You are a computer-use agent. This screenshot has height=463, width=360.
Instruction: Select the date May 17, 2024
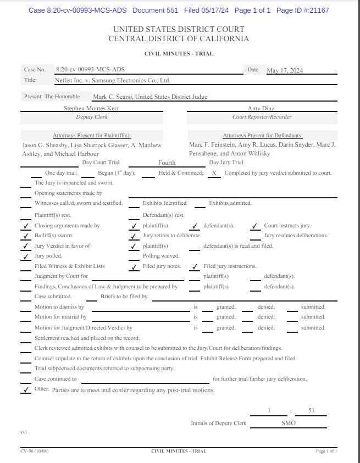[x=285, y=70]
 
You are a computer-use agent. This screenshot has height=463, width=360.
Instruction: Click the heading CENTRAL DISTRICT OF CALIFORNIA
[x=179, y=39]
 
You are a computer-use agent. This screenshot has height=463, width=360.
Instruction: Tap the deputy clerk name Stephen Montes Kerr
[x=92, y=109]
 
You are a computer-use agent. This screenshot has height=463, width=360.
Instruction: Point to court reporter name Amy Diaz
[x=262, y=109]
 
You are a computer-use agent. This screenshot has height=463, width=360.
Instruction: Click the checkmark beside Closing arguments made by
[x=25, y=226]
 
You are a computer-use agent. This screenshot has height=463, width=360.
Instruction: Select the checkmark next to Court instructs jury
[x=254, y=226]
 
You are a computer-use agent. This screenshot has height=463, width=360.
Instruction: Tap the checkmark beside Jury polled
[x=25, y=256]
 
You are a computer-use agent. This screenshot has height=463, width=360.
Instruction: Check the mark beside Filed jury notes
[x=134, y=266]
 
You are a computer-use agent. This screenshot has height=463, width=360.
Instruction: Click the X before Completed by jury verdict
[x=214, y=173]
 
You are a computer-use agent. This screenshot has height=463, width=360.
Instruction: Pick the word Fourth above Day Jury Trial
[x=167, y=163]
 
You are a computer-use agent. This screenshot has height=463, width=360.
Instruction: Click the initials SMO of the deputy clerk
[x=289, y=423]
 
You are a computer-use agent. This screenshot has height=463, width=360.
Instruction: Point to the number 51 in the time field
[x=311, y=411]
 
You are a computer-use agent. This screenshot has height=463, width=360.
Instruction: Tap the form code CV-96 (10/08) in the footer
[x=35, y=451]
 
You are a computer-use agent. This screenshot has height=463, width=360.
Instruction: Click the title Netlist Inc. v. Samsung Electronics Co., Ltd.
[x=113, y=80]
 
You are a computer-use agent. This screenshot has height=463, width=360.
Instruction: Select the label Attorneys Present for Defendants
[x=262, y=136]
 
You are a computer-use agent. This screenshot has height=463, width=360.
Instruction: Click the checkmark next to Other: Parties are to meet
[x=25, y=390]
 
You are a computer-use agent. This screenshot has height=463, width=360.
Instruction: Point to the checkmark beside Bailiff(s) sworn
[x=25, y=236]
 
